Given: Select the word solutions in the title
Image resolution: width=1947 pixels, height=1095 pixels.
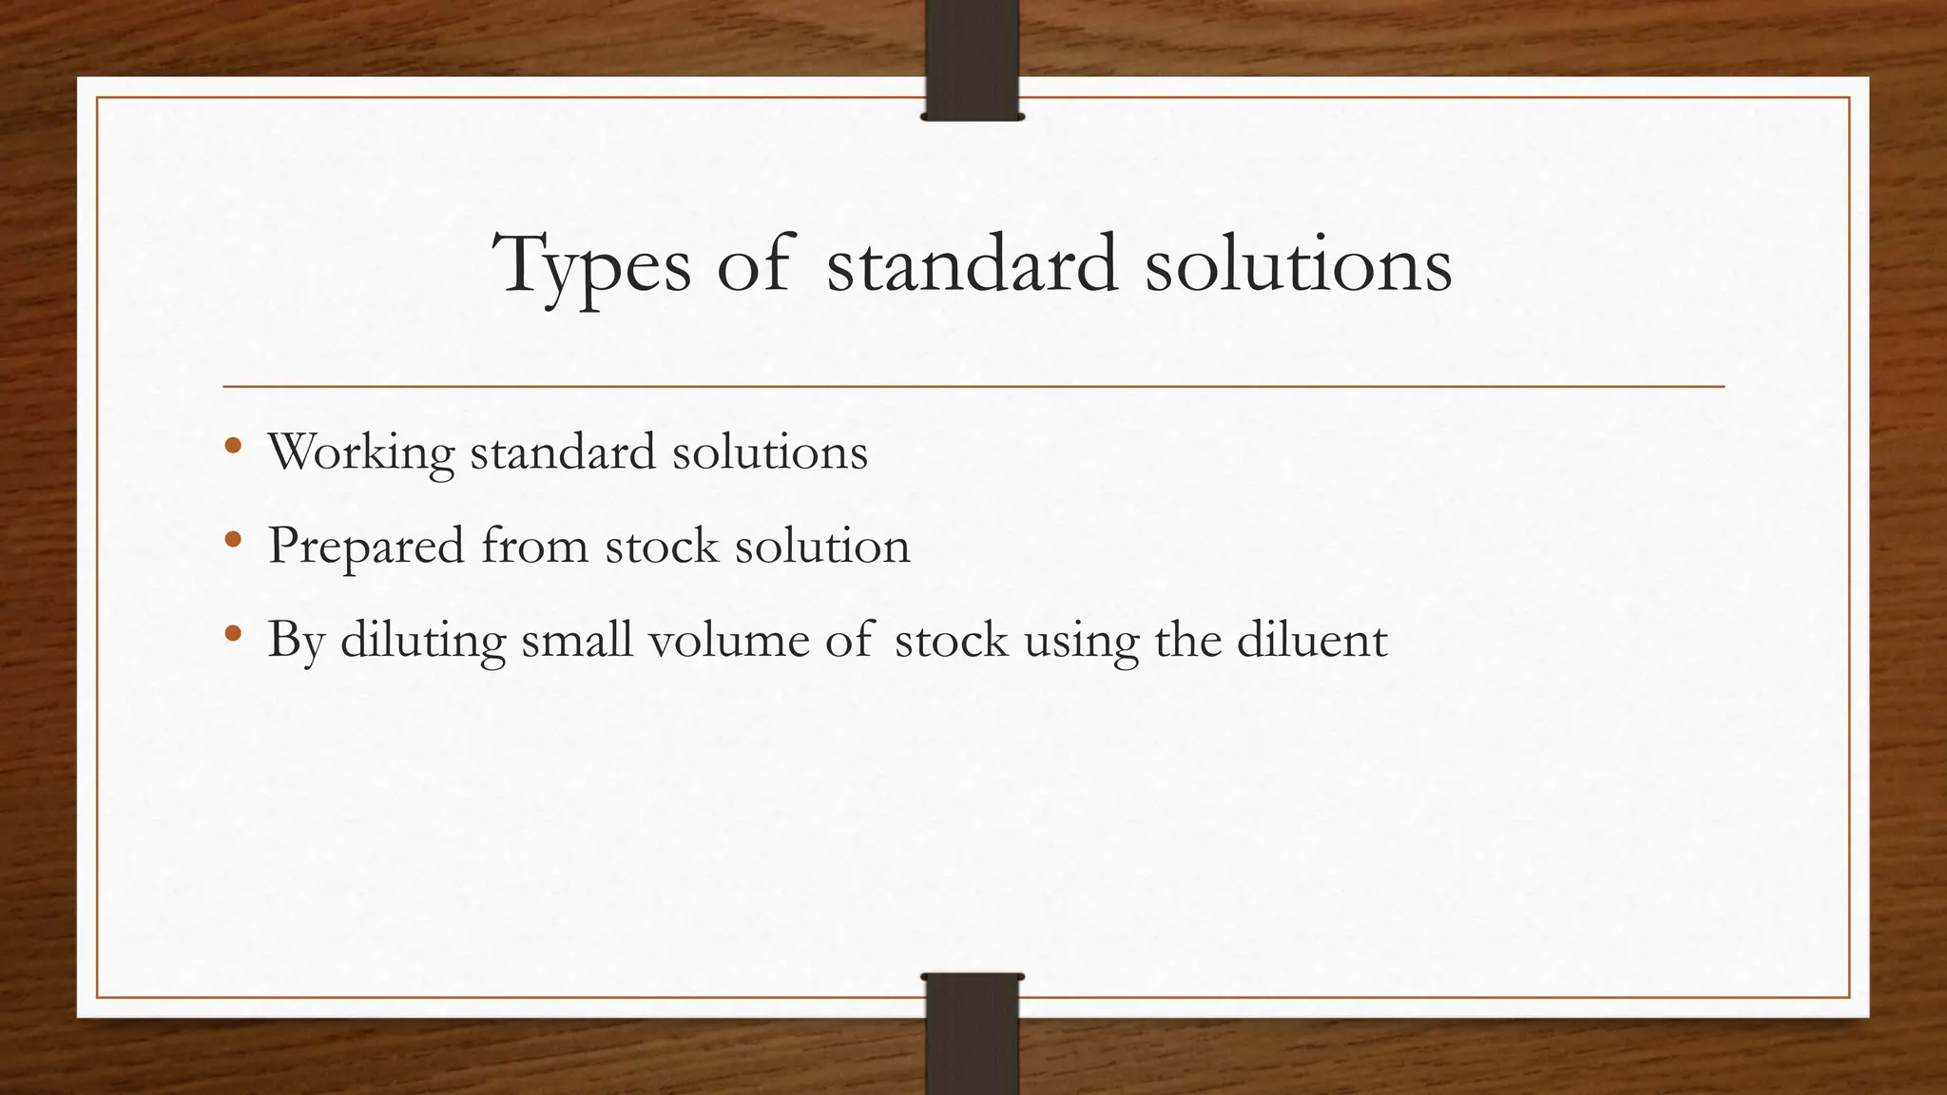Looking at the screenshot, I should pyautogui.click(x=1298, y=263).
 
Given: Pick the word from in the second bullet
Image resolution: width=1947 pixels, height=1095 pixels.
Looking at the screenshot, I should pyautogui.click(x=534, y=546).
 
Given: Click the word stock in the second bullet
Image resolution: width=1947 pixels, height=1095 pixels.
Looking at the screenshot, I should pyautogui.click(x=662, y=546).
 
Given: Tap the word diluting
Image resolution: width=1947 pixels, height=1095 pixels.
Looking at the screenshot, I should pyautogui.click(x=423, y=640).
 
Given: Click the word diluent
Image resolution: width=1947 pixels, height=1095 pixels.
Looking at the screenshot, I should pyautogui.click(x=1312, y=639).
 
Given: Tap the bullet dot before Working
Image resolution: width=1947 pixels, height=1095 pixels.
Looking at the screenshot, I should pyautogui.click(x=233, y=446).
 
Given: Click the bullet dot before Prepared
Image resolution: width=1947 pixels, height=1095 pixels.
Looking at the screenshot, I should pyautogui.click(x=233, y=540).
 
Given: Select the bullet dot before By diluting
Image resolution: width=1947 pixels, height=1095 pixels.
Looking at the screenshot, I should pyautogui.click(x=233, y=634).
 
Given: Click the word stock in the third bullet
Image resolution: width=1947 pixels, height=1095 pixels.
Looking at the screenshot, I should pyautogui.click(x=951, y=639).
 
